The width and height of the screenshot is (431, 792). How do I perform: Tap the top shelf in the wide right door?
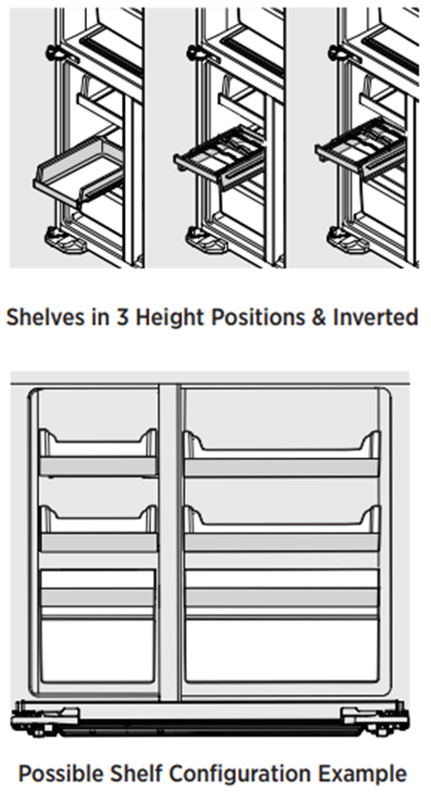tap(281, 453)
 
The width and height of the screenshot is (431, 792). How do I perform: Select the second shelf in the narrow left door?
tap(98, 528)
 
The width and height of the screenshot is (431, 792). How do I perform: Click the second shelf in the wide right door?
tap(281, 528)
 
